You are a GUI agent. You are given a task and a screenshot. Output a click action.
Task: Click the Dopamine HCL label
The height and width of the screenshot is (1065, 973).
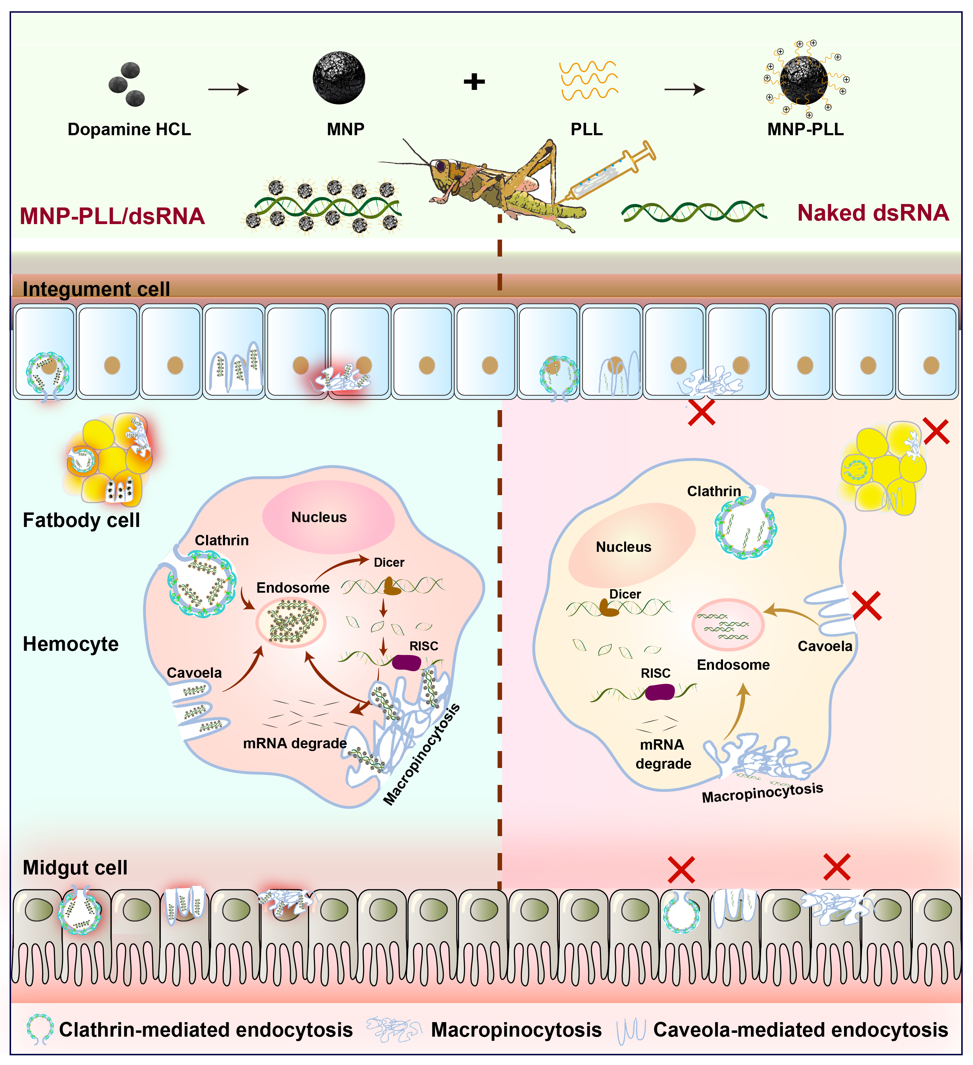point(129,129)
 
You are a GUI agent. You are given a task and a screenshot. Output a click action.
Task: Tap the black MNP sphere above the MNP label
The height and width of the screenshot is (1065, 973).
point(339,78)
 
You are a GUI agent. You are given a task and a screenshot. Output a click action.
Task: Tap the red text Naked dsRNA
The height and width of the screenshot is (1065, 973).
point(873,213)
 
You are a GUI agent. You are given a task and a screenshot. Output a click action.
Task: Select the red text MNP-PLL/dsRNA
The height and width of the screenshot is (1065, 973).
point(112,216)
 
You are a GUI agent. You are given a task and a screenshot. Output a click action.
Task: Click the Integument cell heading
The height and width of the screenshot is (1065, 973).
point(96,289)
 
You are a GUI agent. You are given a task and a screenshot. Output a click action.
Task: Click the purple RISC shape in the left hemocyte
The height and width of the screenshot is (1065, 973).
point(406,663)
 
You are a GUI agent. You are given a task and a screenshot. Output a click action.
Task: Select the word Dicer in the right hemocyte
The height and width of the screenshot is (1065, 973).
point(625,594)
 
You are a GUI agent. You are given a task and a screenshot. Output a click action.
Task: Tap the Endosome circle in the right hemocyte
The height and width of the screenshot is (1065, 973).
point(728,624)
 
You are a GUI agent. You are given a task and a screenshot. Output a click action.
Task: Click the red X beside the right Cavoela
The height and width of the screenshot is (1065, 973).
point(866,605)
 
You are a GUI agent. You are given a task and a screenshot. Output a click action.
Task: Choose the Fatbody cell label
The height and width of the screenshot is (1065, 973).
point(81,520)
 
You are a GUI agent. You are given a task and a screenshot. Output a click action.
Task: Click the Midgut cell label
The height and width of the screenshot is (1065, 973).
point(75,868)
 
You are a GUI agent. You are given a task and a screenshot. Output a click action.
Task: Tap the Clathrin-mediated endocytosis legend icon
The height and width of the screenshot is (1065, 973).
point(40,1029)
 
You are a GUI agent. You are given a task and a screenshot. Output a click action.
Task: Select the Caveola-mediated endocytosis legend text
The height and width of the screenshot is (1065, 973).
point(800,1030)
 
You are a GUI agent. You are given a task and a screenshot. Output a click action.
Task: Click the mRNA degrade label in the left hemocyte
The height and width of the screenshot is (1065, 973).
point(295,744)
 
